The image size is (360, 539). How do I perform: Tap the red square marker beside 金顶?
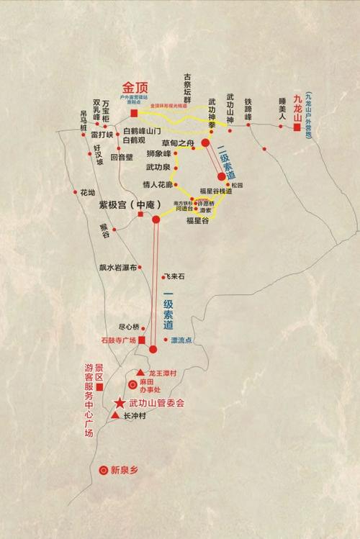click(x=134, y=112)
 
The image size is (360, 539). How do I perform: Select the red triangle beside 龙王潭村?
click(x=140, y=372)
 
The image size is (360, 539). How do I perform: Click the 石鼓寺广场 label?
click(x=118, y=340)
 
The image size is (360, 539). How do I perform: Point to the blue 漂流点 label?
click(x=181, y=340)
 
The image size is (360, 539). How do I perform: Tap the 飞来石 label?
click(x=175, y=276)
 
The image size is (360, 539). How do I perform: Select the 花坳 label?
click(x=88, y=193)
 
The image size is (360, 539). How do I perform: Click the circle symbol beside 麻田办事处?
click(x=132, y=386)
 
